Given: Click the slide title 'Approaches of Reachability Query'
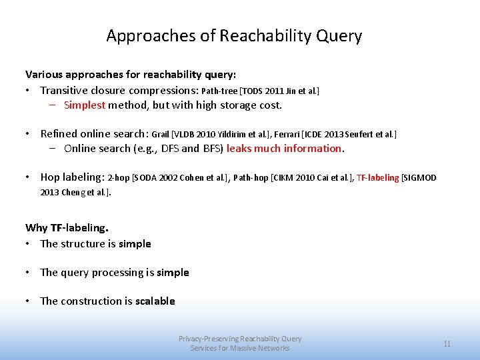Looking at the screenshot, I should pyautogui.click(x=234, y=36).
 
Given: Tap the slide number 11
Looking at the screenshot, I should pyautogui.click(x=447, y=344).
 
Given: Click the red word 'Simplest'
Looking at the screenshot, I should pyautogui.click(x=85, y=105).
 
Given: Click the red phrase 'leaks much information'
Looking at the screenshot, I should pyautogui.click(x=284, y=148).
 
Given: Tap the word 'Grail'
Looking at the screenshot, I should pyautogui.click(x=161, y=134).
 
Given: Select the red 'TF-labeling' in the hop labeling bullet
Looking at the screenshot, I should pyautogui.click(x=377, y=178).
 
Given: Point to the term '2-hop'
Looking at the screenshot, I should pyautogui.click(x=119, y=178).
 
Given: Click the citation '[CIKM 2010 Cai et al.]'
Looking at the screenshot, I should pyautogui.click(x=311, y=178).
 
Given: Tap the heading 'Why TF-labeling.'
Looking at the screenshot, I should pyautogui.click(x=67, y=228).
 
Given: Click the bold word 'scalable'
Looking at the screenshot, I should pyautogui.click(x=155, y=301).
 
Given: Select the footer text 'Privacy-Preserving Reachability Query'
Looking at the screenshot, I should pyautogui.click(x=240, y=339).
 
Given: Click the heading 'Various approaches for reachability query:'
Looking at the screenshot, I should pyautogui.click(x=131, y=73).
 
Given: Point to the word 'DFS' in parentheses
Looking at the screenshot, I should pyautogui.click(x=171, y=148).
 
